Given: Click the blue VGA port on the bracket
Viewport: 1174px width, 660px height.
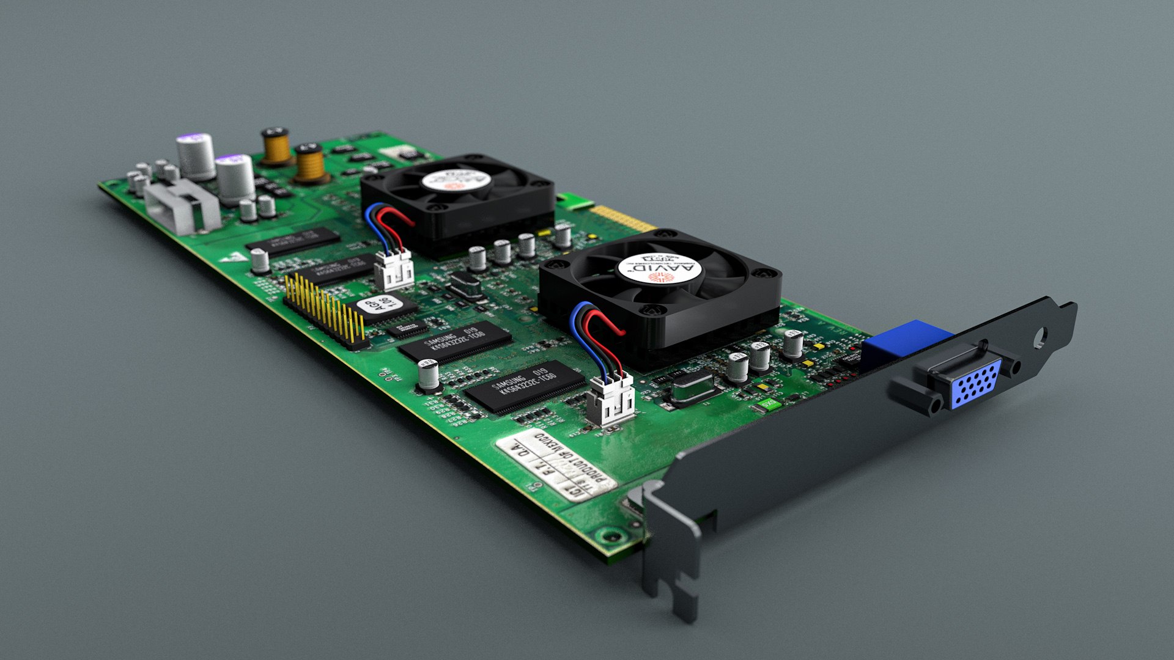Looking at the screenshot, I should pyautogui.click(x=976, y=383).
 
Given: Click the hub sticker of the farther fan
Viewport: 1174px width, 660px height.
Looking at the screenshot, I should pyautogui.click(x=456, y=180).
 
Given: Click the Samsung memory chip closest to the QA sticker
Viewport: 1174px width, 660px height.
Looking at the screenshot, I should pyautogui.click(x=525, y=386).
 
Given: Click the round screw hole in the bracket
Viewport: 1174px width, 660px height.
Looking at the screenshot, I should pyautogui.click(x=1040, y=336).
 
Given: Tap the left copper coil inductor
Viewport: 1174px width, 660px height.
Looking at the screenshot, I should pyautogui.click(x=276, y=147).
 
